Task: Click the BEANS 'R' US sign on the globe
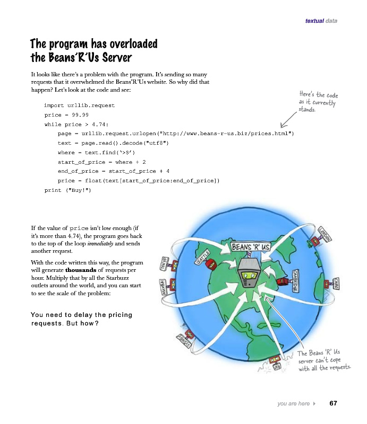(x=251, y=248)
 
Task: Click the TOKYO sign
(x=164, y=264)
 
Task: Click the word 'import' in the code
(x=54, y=105)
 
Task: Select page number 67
(x=333, y=403)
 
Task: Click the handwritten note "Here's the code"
(x=319, y=96)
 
